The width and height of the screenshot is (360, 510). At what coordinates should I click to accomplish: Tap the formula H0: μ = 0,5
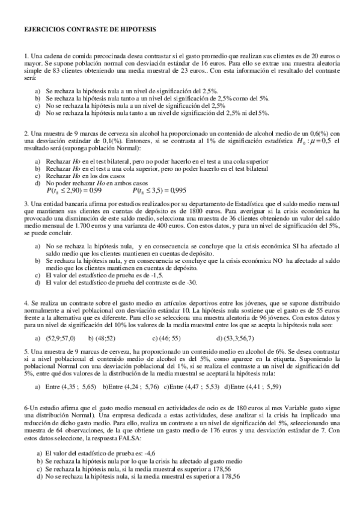coord(312,141)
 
